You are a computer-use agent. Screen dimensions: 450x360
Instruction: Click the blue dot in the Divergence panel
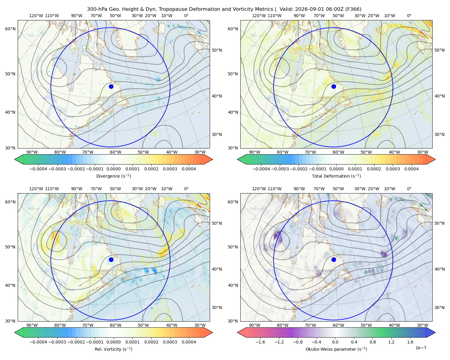[111, 86]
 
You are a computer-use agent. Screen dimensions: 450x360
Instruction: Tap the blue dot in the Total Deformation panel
[334, 86]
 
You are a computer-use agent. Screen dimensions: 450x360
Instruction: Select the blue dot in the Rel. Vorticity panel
[111, 259]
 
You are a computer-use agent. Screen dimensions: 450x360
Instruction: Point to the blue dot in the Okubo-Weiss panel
[334, 259]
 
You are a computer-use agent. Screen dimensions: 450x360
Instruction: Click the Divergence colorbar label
[113, 176]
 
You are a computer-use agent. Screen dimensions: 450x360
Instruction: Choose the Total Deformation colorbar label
[336, 176]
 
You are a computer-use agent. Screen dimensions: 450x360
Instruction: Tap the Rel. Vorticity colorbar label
[113, 349]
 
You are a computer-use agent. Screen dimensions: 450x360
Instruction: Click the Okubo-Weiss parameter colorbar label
[336, 349]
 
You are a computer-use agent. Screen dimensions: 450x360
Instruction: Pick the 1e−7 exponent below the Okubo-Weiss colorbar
[421, 348]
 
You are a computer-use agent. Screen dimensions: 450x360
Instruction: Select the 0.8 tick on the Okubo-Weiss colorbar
[373, 342]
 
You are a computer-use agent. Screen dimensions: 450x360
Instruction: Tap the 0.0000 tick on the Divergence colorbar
[113, 169]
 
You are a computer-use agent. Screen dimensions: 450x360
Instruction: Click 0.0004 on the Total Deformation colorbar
[411, 169]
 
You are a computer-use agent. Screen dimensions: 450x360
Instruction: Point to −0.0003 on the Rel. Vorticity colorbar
[57, 342]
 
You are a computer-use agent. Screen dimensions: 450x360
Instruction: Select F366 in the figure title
[353, 9]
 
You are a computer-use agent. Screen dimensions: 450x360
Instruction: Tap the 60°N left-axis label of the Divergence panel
[10, 29]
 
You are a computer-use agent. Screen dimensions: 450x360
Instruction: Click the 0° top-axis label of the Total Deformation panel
[409, 16]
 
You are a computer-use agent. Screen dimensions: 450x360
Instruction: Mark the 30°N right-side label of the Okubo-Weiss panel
[439, 307]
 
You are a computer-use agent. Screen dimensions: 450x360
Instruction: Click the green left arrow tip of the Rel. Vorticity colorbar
[15, 332]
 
